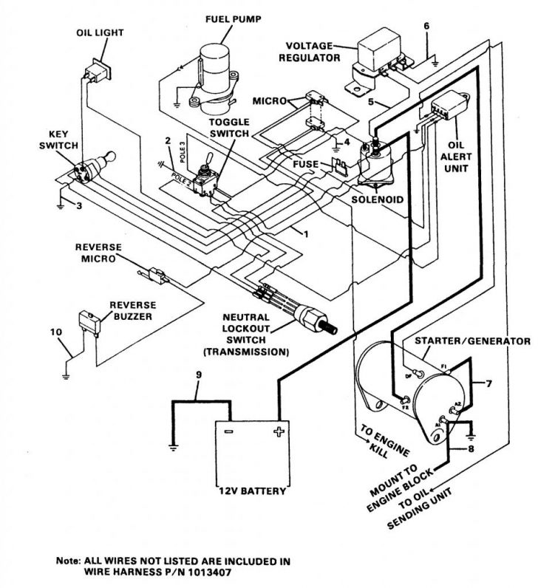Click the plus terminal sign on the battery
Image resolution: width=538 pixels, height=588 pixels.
coord(279,431)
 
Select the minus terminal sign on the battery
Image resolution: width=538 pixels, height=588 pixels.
coord(228,431)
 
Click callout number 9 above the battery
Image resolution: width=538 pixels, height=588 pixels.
coord(198,375)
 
